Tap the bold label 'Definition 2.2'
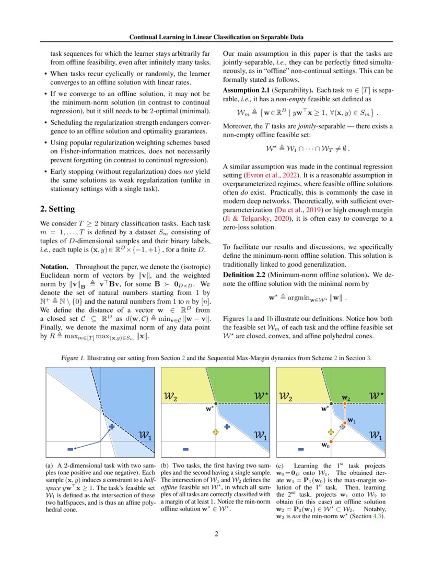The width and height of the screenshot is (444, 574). pyautogui.click(x=248, y=274)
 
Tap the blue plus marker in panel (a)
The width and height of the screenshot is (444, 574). pyautogui.click(x=111, y=426)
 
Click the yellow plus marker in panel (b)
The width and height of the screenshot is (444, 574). pyautogui.click(x=215, y=432)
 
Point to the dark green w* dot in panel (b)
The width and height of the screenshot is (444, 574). pyautogui.click(x=215, y=404)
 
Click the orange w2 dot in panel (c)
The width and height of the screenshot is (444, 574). pyautogui.click(x=345, y=404)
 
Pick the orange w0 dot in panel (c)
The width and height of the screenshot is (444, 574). pyautogui.click(x=330, y=442)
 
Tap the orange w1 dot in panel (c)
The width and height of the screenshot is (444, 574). pyautogui.click(x=344, y=423)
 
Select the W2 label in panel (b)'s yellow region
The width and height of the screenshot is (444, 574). pyautogui.click(x=170, y=397)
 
